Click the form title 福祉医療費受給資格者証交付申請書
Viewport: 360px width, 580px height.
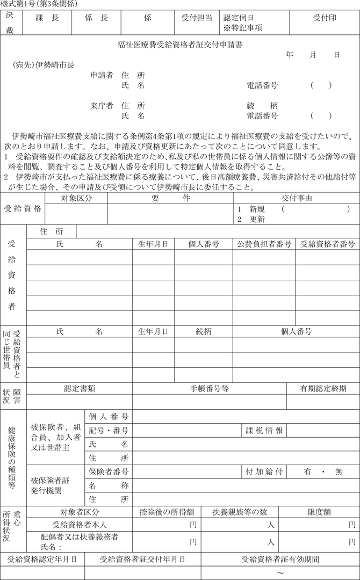(180, 45)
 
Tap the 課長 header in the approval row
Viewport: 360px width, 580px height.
(47, 18)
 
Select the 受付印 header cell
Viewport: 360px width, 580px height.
(325, 18)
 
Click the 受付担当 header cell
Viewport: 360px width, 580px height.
(197, 18)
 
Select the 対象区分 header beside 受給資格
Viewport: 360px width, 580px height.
(76, 198)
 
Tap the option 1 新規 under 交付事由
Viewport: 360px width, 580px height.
(250, 209)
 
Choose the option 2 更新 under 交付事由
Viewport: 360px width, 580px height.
(250, 219)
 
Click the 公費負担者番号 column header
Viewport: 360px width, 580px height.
(264, 244)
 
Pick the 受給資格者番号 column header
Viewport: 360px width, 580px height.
(327, 244)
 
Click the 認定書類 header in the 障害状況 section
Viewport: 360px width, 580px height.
(80, 388)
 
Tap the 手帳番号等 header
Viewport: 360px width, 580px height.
(210, 388)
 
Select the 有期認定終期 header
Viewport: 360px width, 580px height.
(323, 388)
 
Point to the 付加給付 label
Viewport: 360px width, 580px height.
(264, 472)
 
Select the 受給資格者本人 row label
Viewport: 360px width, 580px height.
(80, 525)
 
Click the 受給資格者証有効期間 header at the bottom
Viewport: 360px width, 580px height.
(280, 559)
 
